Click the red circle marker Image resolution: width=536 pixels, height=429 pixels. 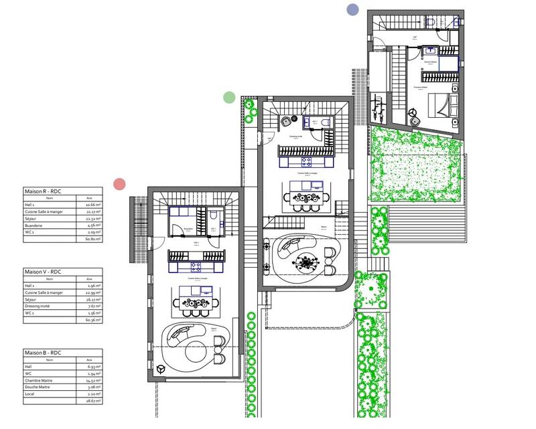[x=120, y=183]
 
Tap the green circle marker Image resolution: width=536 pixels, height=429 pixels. [x=229, y=97]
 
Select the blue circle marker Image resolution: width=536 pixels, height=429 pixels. [x=352, y=9]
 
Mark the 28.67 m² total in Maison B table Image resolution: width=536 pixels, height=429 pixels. [x=93, y=402]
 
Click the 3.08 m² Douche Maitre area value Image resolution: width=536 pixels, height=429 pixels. [x=93, y=387]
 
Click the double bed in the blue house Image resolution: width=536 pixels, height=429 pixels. [x=440, y=106]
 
